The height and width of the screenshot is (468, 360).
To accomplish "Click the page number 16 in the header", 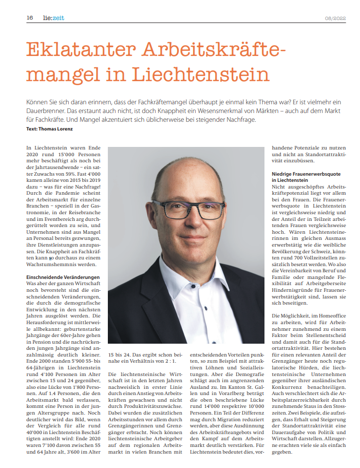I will coord(30,17).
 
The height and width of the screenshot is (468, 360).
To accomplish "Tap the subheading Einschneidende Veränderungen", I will coord(63,277).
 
